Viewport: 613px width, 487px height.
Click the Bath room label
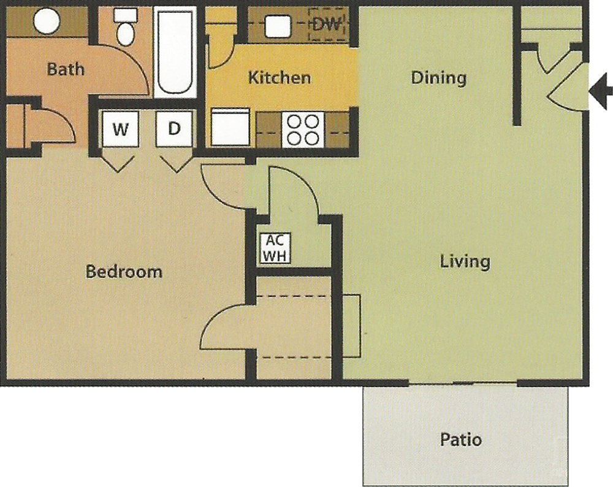tap(66, 69)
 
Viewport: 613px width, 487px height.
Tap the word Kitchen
tap(280, 77)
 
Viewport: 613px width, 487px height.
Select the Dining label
tap(439, 77)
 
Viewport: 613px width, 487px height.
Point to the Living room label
tap(465, 261)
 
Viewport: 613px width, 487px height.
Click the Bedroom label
tap(124, 272)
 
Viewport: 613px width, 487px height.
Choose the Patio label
tap(461, 439)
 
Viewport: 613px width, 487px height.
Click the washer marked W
tap(120, 129)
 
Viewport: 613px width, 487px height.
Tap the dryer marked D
tap(174, 129)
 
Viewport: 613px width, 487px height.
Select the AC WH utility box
tap(275, 248)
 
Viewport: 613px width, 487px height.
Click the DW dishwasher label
tap(327, 25)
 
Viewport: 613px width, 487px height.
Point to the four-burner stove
tap(303, 130)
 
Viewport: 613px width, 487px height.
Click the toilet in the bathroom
tap(126, 27)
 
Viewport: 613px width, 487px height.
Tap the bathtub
tap(175, 52)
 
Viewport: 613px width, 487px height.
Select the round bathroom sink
tap(47, 21)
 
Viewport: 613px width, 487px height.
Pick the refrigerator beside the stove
tap(230, 127)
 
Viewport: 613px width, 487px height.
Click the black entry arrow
tap(601, 91)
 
